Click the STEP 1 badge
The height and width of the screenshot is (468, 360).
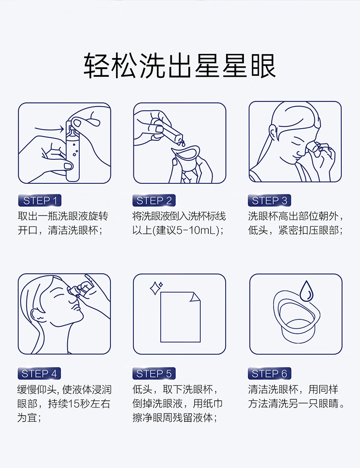[40, 200]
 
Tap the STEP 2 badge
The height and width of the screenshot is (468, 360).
[154, 200]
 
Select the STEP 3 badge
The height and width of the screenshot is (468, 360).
[269, 200]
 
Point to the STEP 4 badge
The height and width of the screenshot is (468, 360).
[39, 373]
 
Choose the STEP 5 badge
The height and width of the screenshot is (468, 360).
[154, 373]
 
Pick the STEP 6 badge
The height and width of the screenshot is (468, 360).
[269, 373]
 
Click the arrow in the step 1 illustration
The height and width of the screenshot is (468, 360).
[49, 129]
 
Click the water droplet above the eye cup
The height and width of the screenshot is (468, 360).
[306, 290]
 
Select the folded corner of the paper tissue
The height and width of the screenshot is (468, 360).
[195, 297]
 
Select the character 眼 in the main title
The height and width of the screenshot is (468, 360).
[263, 66]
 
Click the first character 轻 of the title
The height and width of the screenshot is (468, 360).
[96, 66]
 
